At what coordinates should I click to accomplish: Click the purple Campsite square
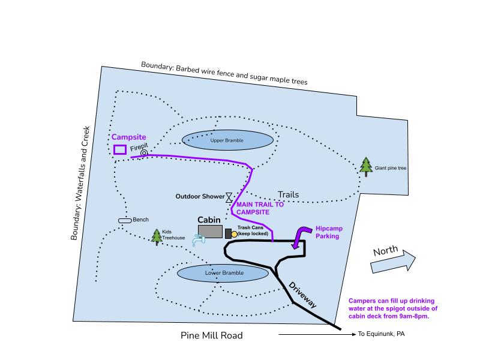tap(119, 149)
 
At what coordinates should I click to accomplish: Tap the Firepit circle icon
tap(144, 153)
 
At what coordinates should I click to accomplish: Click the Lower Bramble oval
tap(223, 274)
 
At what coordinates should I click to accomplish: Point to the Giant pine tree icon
tap(366, 167)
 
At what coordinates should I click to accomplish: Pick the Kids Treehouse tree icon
tap(157, 237)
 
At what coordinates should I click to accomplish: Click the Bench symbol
tap(124, 221)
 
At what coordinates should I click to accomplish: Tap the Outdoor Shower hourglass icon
tap(229, 197)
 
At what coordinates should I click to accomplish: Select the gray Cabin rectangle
tap(210, 232)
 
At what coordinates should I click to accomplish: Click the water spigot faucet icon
tap(197, 240)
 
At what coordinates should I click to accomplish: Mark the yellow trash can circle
tap(243, 234)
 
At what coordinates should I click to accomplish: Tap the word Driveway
tap(302, 295)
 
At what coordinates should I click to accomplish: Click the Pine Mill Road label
tap(212, 335)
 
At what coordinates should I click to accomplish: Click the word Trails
tap(288, 194)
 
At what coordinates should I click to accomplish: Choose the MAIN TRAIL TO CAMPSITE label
tap(260, 208)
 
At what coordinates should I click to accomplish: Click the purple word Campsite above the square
tap(129, 137)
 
